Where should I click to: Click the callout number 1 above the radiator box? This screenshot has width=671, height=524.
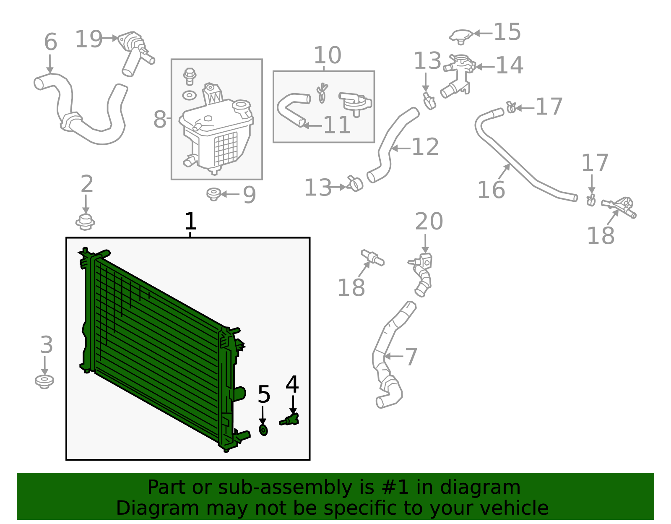click(x=190, y=221)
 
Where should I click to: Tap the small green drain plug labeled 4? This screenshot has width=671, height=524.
click(x=290, y=419)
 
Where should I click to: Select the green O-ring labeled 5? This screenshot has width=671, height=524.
click(x=263, y=430)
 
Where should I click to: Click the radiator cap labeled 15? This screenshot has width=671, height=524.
click(x=461, y=36)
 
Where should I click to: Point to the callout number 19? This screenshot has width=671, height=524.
click(x=88, y=39)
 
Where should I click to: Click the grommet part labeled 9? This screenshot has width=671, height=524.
click(x=214, y=194)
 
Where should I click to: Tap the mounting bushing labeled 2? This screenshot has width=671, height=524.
click(x=85, y=222)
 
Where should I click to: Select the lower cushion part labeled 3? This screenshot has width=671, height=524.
click(x=44, y=381)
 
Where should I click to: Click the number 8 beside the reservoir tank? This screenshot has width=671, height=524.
click(x=160, y=119)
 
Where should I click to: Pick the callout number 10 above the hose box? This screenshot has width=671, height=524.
click(x=327, y=55)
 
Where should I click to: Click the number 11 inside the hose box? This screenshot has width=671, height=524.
click(x=337, y=125)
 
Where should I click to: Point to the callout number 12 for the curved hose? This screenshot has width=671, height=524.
click(x=425, y=147)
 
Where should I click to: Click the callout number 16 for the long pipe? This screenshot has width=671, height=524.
click(x=491, y=190)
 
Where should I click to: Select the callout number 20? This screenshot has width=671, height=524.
click(x=429, y=222)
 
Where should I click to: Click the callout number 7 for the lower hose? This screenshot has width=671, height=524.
click(x=411, y=357)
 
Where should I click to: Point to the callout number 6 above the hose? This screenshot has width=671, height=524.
click(x=50, y=42)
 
